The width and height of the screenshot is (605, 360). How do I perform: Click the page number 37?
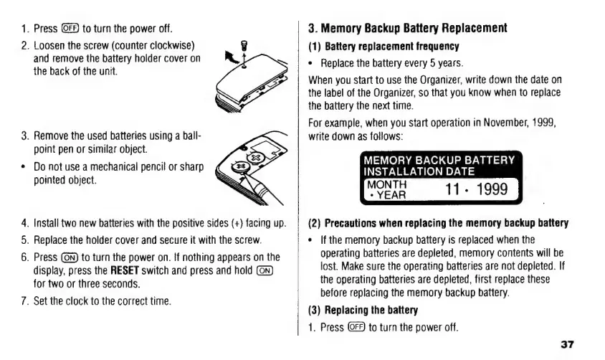[x=567, y=345]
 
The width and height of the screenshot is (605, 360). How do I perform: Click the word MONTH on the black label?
[x=384, y=185]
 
